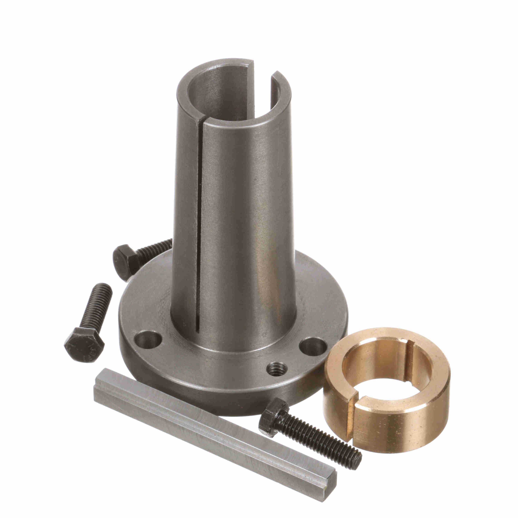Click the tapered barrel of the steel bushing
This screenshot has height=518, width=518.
click(241, 214)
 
